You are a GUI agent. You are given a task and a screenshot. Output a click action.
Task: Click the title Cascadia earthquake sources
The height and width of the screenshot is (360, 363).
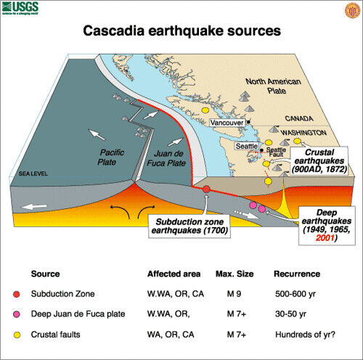(181, 32)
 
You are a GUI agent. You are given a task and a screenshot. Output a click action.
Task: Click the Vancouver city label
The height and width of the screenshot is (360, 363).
(227, 123)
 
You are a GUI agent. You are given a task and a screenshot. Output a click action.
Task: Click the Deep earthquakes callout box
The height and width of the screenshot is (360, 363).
(327, 225)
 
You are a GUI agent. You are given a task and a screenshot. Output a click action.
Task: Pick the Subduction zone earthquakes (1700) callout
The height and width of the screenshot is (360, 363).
(190, 224)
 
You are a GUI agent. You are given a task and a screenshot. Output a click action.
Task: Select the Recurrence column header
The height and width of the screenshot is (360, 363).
(296, 275)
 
